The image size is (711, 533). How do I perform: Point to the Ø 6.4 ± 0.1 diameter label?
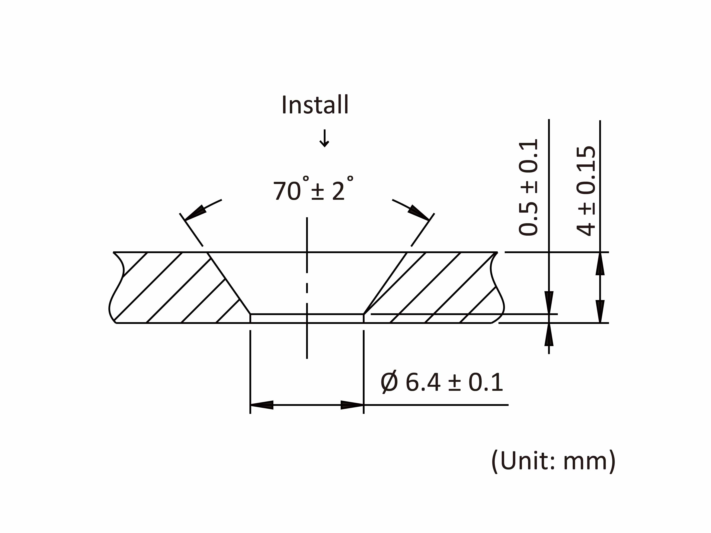[x=441, y=382]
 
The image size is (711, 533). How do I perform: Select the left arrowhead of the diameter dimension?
[x=262, y=405]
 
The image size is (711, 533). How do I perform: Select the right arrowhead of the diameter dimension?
[x=352, y=405]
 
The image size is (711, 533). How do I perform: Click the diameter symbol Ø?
[x=389, y=382]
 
